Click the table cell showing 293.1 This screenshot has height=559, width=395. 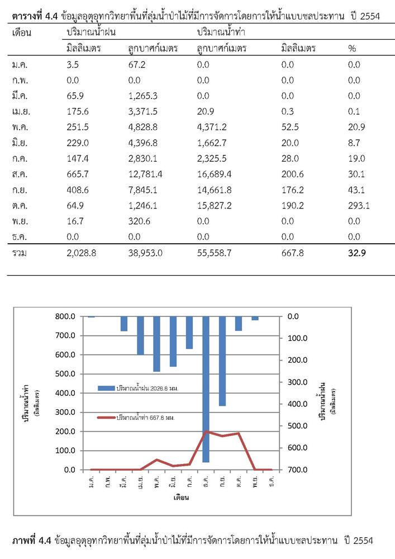coord(359,206)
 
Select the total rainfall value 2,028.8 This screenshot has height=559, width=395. coord(81,253)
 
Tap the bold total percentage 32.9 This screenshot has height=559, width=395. coord(357,253)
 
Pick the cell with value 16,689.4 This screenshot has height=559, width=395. coord(215,174)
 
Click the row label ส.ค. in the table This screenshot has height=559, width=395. coord(20,174)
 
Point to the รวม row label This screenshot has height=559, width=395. coord(19,253)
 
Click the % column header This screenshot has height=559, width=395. coord(352,49)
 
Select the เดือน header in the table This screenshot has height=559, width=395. coord(22,33)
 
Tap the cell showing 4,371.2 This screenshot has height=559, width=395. coord(212,127)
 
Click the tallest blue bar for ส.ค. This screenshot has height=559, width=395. coord(206,389)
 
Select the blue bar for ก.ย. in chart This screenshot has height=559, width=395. coord(222,361)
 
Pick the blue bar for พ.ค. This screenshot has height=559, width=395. coord(157,344)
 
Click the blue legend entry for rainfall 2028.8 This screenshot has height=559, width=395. coord(138,389)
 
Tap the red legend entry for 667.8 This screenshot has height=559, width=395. coord(136,418)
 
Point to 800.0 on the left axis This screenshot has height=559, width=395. coord(65,316)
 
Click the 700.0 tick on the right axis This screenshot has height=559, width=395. coord(298,470)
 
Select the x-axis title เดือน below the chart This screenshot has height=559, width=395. coord(181,498)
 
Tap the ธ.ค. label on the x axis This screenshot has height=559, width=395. coord(272,481)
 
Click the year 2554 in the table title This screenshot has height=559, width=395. coord(370,16)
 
